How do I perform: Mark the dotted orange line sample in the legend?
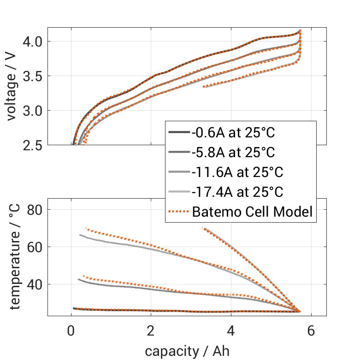tap(179, 212)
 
